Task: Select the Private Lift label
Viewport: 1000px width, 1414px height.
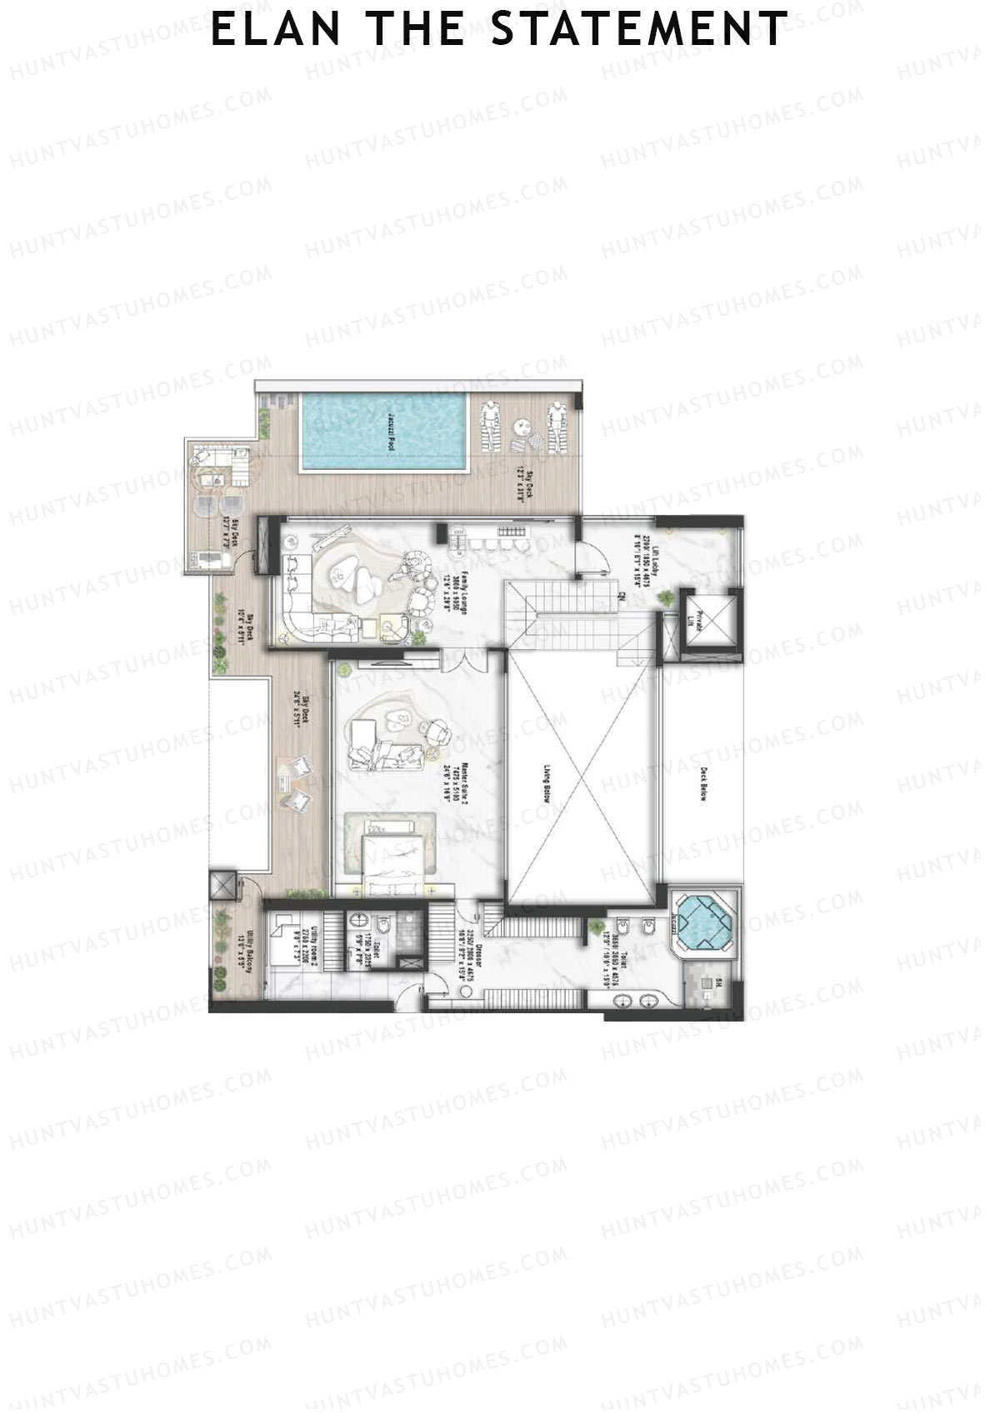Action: (699, 622)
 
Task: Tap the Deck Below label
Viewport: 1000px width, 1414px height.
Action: (702, 784)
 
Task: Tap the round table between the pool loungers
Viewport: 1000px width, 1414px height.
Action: (522, 425)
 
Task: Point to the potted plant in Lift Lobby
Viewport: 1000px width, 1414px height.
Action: (667, 598)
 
